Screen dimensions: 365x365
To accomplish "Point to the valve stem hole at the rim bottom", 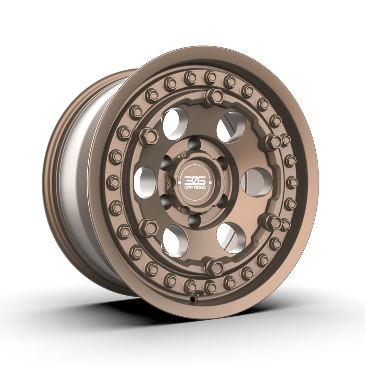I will click(194, 299).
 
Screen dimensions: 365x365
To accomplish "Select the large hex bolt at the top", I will click(214, 97).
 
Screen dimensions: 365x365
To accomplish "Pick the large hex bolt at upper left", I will click(148, 136).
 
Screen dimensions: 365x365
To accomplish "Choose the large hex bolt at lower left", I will click(148, 227).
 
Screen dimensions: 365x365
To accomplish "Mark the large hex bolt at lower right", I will click(273, 222).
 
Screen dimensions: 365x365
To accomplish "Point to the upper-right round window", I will click(231, 127).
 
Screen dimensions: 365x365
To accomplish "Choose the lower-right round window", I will click(231, 238).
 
